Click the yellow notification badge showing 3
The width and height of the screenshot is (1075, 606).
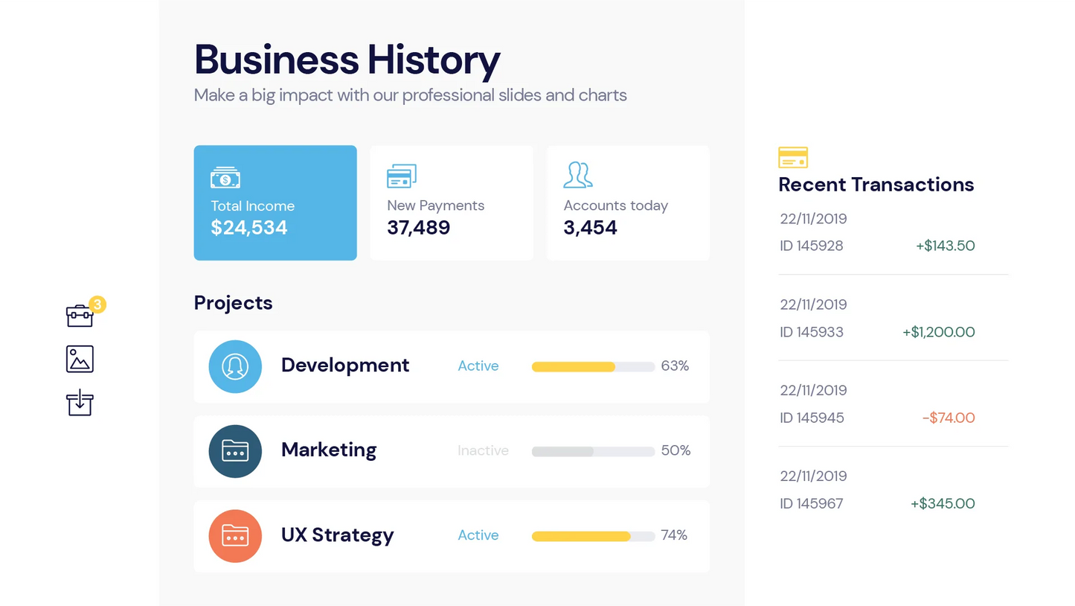tap(97, 304)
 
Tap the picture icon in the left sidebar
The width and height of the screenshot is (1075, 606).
tap(80, 359)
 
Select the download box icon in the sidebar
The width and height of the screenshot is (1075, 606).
tap(80, 403)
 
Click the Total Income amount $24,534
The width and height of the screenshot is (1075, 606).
tap(248, 228)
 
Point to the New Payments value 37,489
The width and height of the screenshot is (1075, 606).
tap(418, 228)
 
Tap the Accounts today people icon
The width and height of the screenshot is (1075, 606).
tap(578, 175)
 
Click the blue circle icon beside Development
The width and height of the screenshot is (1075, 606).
tap(235, 366)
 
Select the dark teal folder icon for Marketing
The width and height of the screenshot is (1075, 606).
tap(235, 451)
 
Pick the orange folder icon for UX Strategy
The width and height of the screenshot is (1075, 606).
tap(235, 536)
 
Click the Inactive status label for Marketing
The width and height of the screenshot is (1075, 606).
tap(483, 450)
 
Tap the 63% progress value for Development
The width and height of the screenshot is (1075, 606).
tap(675, 366)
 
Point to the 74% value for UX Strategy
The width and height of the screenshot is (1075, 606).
tap(673, 535)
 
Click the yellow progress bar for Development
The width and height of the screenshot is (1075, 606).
tap(574, 366)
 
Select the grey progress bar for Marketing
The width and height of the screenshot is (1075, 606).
tap(563, 451)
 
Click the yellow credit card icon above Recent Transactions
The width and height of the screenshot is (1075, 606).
tap(793, 158)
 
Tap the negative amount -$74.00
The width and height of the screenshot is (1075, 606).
tap(948, 418)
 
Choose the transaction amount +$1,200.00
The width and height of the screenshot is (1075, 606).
tap(938, 332)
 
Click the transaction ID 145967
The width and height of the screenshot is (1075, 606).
tap(812, 504)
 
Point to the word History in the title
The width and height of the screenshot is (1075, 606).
tap(434, 60)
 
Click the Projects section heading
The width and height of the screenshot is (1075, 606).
tap(233, 303)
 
